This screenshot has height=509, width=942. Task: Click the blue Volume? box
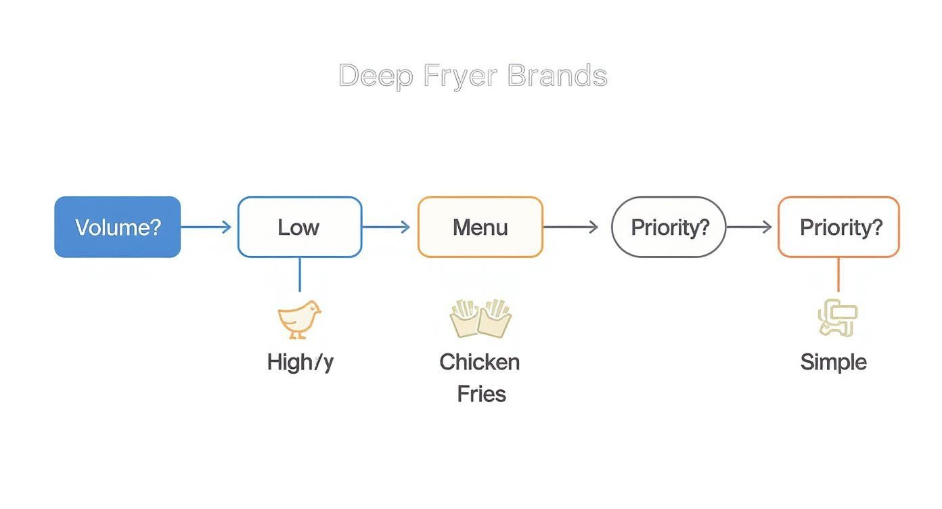(118, 227)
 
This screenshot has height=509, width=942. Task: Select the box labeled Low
(299, 227)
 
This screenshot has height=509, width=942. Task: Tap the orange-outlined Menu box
(480, 227)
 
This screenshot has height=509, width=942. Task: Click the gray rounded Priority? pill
(669, 227)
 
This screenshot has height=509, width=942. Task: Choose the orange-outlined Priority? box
(838, 227)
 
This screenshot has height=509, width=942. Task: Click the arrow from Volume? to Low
(206, 227)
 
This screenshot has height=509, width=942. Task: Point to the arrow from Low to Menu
(386, 227)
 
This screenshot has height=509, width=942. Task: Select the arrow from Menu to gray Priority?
(571, 227)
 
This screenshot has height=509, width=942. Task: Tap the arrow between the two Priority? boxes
(749, 227)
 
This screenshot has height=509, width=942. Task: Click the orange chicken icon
(299, 319)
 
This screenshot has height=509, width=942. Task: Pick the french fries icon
(480, 318)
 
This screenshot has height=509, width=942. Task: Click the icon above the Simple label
(838, 319)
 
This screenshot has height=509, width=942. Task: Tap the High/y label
(300, 362)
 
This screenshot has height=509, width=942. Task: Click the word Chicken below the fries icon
(480, 362)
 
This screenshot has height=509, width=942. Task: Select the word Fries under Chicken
(481, 393)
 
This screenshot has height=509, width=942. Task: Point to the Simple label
(833, 362)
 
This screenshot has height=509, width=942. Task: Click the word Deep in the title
(376, 76)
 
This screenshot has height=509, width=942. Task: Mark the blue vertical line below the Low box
(299, 274)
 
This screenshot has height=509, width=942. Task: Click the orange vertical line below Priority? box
(838, 274)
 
